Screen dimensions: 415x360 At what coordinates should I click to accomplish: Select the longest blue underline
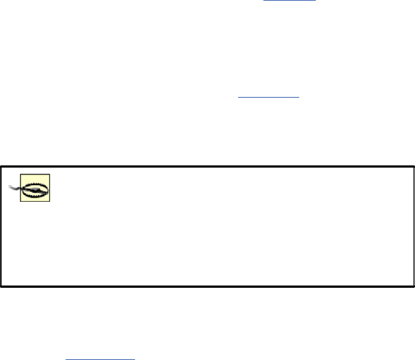(x=100, y=358)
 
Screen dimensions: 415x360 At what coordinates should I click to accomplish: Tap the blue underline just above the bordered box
(x=268, y=98)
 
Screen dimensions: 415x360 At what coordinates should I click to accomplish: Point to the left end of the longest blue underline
(x=66, y=358)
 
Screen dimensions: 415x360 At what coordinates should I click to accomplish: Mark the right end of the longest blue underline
(x=134, y=358)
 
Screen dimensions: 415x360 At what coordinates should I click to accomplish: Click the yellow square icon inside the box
(x=35, y=188)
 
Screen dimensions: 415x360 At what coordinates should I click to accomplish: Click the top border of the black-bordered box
(x=207, y=164)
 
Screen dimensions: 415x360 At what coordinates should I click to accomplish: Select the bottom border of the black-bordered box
(x=207, y=286)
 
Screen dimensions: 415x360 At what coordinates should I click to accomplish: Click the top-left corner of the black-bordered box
(x=1, y=164)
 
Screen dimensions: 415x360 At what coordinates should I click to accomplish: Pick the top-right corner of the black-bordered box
(x=413, y=164)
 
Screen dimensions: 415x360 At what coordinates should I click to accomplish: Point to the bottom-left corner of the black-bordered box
(x=1, y=286)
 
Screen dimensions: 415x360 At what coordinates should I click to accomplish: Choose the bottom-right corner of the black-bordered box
(x=413, y=286)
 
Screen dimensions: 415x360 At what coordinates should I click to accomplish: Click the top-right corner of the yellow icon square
(x=50, y=175)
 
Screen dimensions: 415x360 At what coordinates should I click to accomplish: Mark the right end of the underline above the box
(x=299, y=98)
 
